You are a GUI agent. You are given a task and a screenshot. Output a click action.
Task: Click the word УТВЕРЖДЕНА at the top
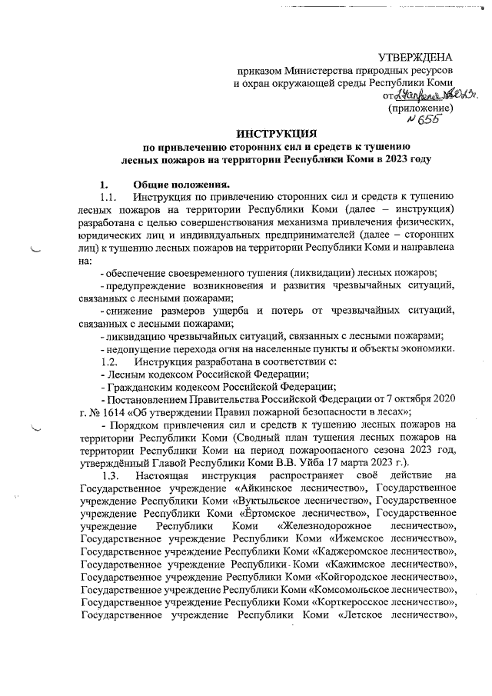pyautogui.click(x=415, y=58)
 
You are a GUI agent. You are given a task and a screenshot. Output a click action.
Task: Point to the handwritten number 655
pyautogui.click(x=421, y=120)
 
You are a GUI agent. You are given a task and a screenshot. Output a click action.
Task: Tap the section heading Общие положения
pyautogui.click(x=181, y=185)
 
